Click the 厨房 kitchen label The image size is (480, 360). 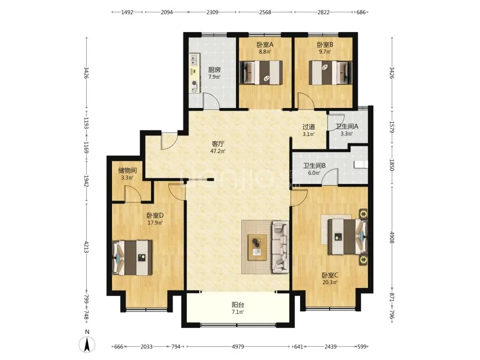point(214,70)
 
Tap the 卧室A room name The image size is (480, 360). point(265,45)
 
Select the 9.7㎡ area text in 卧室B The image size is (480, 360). point(325,52)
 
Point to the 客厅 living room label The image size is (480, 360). point(218,144)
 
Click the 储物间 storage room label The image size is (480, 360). point(128,171)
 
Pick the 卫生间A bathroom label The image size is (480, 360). point(347,126)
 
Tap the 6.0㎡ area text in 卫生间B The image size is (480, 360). point(314,173)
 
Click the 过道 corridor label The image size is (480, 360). point(308,127)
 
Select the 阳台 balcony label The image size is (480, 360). point(238,305)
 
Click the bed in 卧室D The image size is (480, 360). point(132,258)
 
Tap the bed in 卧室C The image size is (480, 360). point(347,236)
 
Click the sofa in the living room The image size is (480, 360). point(280,247)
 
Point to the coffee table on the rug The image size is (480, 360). point(257,248)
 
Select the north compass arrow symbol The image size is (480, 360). point(87,345)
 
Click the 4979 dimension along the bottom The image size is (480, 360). point(238,347)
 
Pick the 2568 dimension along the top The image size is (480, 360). point(265,12)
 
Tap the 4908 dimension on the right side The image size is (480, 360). point(392,237)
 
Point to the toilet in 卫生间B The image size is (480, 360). point(361,165)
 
